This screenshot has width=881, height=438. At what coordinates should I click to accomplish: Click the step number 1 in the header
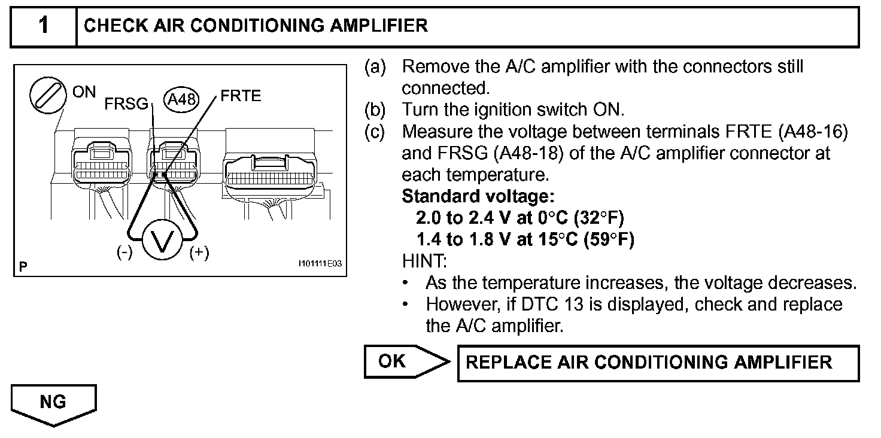point(44,26)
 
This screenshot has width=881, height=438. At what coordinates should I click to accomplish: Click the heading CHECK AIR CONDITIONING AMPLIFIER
point(256,26)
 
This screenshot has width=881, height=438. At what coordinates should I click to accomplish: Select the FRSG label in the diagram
point(126,104)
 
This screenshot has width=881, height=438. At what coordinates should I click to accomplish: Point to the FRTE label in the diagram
point(241,96)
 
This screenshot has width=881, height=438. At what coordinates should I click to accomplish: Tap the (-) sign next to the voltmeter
point(124,253)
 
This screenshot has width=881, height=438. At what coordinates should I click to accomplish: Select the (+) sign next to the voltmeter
point(199,253)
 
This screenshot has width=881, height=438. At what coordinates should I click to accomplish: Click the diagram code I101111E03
point(320,263)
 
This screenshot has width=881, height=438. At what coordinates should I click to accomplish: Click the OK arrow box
point(406,361)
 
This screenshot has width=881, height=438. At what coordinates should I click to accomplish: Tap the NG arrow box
point(53,404)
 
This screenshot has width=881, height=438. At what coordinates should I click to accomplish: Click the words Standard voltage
point(478,196)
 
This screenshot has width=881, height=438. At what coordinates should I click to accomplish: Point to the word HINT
point(424,261)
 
